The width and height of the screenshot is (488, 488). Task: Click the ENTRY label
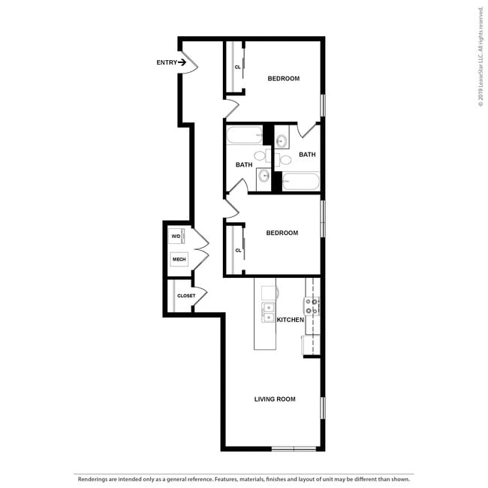tap(166, 62)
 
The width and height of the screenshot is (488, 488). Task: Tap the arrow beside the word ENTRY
tap(182, 62)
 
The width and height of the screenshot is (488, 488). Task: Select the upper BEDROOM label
tap(284, 79)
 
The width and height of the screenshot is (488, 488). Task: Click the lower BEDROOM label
tap(282, 233)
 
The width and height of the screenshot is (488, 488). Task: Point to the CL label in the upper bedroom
tap(237, 67)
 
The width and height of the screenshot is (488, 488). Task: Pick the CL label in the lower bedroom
tap(237, 250)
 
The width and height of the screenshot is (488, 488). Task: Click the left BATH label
tap(244, 165)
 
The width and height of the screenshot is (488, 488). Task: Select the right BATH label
tap(307, 155)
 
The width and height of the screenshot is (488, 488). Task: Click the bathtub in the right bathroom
tap(301, 181)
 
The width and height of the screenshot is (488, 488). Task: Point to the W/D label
tap(176, 236)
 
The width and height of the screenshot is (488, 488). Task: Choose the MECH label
tap(179, 260)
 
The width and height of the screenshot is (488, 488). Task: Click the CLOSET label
tap(185, 296)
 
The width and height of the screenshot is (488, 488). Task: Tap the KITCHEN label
tap(291, 320)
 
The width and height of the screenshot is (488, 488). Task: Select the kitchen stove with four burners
tap(312, 306)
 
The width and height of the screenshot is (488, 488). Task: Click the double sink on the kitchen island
tap(268, 312)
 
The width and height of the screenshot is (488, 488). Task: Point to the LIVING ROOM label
tap(274, 399)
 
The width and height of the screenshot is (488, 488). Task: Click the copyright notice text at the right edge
tap(480, 57)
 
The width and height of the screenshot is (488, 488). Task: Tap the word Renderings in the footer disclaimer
tap(93, 478)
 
